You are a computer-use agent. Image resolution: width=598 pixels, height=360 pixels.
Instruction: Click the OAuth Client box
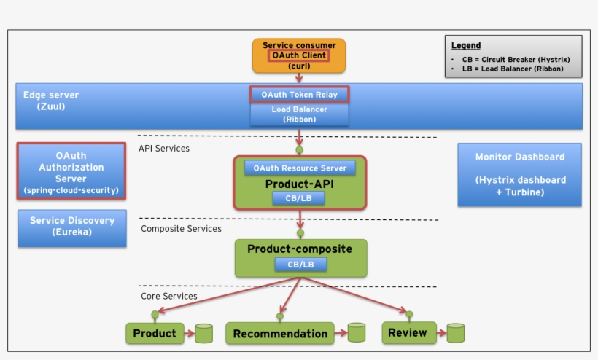[x=299, y=55]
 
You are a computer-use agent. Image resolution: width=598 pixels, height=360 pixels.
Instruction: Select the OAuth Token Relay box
[x=299, y=95]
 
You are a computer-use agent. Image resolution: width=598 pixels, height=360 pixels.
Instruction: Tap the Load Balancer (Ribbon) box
[x=299, y=114]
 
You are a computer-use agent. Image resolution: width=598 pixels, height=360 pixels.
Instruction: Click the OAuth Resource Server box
[x=300, y=168]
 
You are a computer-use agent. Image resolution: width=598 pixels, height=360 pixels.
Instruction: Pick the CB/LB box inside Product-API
[x=300, y=198]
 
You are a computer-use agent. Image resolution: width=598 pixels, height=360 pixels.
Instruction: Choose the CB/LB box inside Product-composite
[x=300, y=265]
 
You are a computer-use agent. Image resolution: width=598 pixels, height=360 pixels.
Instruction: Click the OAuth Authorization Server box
[x=71, y=172]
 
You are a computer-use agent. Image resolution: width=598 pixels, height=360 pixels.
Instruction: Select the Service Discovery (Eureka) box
[x=71, y=227]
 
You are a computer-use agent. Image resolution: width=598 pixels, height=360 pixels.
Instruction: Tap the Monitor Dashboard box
[x=519, y=174]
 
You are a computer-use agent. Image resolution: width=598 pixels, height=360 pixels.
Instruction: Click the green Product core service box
[x=155, y=334]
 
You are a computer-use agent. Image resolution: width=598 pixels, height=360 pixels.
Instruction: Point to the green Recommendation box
[x=280, y=334]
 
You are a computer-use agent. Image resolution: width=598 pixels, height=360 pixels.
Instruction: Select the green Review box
[x=408, y=333]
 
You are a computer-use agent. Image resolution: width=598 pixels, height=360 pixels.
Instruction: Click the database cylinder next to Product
[x=203, y=334]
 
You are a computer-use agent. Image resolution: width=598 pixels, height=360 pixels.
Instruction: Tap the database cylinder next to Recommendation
[x=356, y=333]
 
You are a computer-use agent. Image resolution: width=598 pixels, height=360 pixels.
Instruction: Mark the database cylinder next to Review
[x=456, y=333]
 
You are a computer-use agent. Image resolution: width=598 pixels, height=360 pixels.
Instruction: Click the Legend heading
[x=465, y=45]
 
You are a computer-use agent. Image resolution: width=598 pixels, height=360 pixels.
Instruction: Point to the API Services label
[x=164, y=149]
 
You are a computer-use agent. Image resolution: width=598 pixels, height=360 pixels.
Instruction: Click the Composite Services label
[x=181, y=229]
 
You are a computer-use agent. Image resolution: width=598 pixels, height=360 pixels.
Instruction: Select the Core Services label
[x=168, y=296]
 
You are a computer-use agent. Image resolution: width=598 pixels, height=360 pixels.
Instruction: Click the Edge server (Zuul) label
[x=50, y=101]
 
